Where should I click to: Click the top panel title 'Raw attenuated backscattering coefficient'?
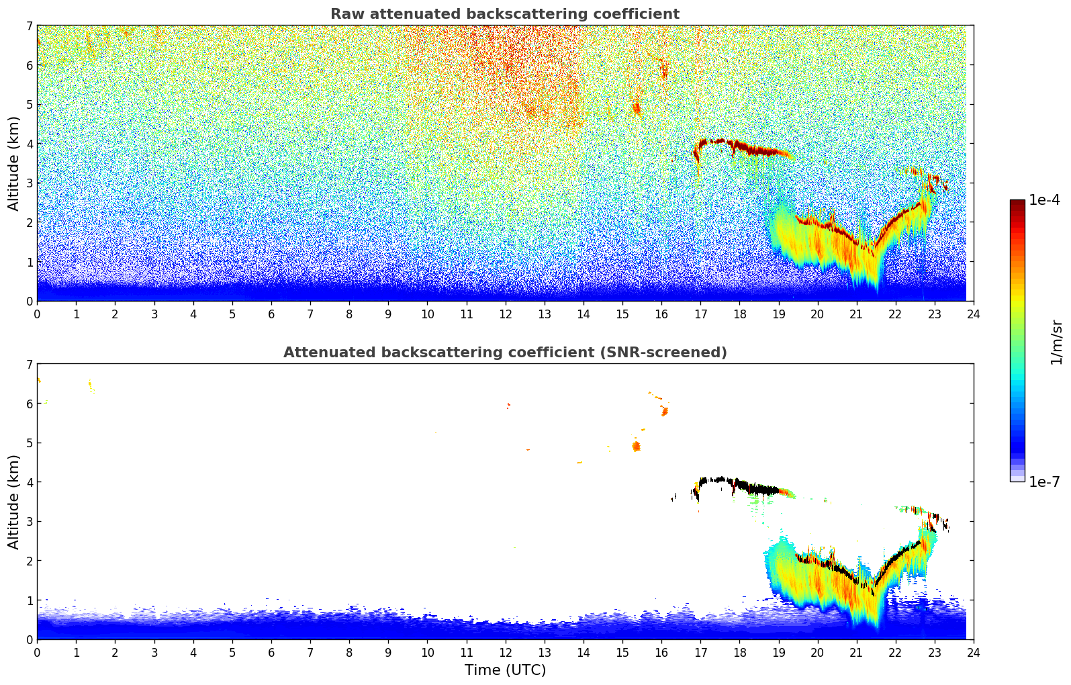(504, 14)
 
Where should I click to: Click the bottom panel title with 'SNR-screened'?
(504, 353)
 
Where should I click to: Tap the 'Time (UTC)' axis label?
(505, 670)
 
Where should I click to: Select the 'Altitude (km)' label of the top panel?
(14, 163)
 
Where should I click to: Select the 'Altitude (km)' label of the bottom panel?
(14, 502)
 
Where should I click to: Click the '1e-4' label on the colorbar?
(1044, 200)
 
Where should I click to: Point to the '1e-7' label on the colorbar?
(1044, 482)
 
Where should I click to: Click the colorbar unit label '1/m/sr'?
(1056, 342)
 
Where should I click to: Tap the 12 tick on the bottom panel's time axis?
(505, 652)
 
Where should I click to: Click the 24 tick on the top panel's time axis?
(973, 314)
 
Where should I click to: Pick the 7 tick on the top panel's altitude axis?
(29, 26)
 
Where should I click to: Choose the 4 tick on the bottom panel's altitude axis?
(29, 482)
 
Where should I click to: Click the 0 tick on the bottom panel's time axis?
(37, 652)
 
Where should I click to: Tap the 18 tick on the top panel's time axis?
(739, 314)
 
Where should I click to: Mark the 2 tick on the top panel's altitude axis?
(29, 222)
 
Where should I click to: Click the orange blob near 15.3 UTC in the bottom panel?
(637, 447)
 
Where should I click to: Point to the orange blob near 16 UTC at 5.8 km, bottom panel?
(664, 410)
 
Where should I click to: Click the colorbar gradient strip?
(1017, 340)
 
